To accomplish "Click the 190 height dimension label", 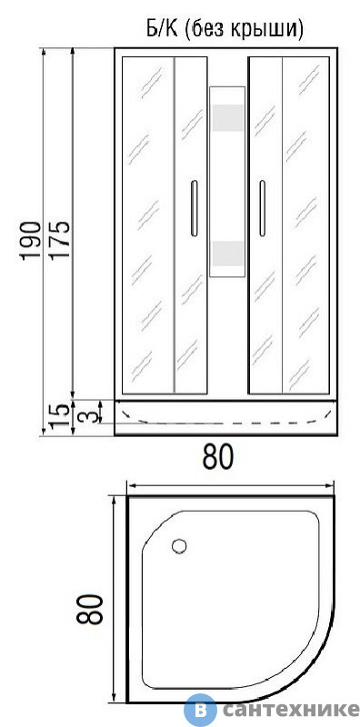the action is pyautogui.click(x=31, y=241).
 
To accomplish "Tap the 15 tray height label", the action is pyautogui.click(x=60, y=416).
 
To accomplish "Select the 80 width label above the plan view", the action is pyautogui.click(x=218, y=457).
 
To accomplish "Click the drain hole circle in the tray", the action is pyautogui.click(x=179, y=546).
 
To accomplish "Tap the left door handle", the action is pyautogui.click(x=194, y=208).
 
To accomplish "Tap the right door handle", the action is pyautogui.click(x=262, y=208).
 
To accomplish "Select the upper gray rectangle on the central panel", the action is pyautogui.click(x=228, y=118).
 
